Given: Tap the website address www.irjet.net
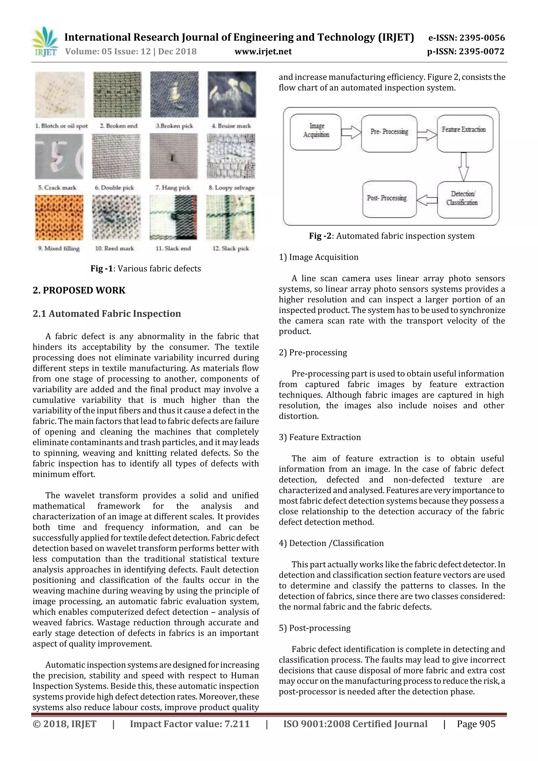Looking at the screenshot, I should point(263,52).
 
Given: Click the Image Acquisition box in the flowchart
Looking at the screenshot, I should point(315,132).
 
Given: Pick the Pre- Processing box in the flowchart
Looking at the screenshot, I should point(389,133).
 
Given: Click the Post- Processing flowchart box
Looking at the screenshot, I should point(389,199).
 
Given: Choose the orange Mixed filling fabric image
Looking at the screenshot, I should point(59,218).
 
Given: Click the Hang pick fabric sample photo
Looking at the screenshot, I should point(173,156).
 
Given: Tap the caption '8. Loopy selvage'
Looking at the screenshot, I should point(231,188).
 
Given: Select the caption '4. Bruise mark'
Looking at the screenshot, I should point(231,126).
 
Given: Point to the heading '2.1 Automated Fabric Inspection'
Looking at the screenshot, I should point(107,314).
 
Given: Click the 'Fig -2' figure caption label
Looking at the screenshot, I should point(320,236).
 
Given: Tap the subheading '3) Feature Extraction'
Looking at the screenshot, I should point(319,437).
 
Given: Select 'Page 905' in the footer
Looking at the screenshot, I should point(476,724).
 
